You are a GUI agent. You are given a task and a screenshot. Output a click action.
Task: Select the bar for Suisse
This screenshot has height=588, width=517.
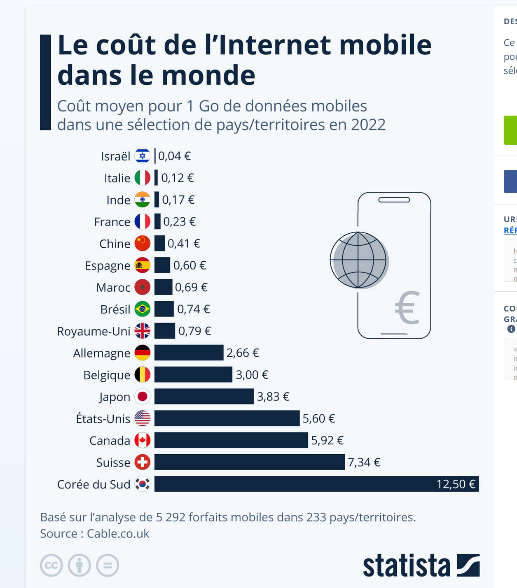click(x=249, y=462)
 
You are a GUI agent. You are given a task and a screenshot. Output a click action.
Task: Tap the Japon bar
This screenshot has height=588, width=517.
click(x=204, y=397)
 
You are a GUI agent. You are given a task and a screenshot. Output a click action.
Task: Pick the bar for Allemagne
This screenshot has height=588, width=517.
click(x=189, y=353)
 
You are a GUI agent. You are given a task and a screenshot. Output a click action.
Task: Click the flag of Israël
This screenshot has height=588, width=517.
click(x=143, y=156)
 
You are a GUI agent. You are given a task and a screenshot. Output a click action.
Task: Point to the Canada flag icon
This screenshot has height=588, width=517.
click(x=143, y=440)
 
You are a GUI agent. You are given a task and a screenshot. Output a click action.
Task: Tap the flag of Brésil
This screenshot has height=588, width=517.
click(x=143, y=309)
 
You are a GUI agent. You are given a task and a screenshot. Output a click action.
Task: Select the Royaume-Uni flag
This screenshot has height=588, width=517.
click(x=143, y=331)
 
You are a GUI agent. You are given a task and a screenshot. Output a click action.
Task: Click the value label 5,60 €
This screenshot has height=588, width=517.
click(x=318, y=418)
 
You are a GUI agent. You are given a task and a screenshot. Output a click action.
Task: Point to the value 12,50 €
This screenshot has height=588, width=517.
click(x=456, y=484)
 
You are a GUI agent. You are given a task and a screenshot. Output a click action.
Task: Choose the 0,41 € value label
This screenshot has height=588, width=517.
click(x=184, y=244)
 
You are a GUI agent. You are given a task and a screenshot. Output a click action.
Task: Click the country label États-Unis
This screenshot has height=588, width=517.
click(x=103, y=418)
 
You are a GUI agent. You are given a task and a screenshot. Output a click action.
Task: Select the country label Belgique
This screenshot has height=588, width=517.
click(x=107, y=375)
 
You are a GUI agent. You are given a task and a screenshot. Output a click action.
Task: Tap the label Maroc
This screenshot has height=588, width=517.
click(x=113, y=287)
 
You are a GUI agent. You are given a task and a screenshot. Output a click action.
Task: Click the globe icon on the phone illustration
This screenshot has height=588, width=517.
click(x=359, y=260)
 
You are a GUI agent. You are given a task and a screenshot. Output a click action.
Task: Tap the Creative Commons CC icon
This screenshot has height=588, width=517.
click(x=51, y=565)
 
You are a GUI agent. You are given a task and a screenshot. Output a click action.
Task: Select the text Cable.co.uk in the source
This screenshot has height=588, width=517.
click(x=118, y=534)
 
